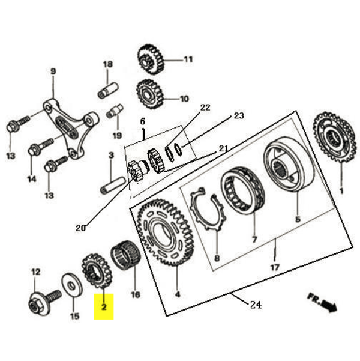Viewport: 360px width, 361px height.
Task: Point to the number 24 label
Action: point(256,305)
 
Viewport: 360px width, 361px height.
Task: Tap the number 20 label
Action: point(80,227)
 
